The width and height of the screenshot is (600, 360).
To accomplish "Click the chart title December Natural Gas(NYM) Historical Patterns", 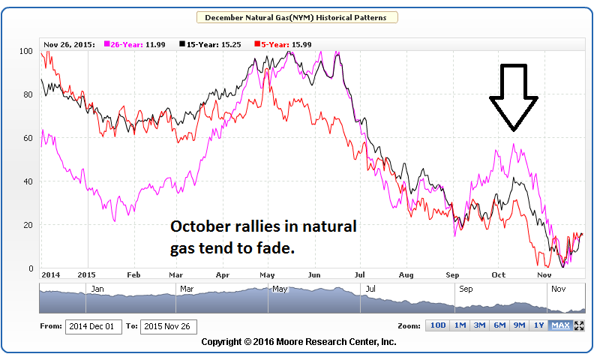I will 297,17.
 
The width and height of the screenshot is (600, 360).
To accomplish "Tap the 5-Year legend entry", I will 273,44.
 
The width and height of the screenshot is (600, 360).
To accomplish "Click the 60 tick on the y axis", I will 29,139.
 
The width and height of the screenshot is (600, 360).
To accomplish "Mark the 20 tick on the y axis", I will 29,226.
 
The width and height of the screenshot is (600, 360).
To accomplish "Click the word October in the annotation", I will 199,226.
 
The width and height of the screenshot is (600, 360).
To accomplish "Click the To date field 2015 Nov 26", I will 167,326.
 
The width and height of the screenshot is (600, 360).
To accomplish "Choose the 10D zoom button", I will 437,325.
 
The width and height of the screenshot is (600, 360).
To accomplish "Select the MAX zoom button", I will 559,325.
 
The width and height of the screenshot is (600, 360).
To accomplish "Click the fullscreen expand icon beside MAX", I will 579,325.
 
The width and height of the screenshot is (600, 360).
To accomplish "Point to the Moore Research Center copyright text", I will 298,342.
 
